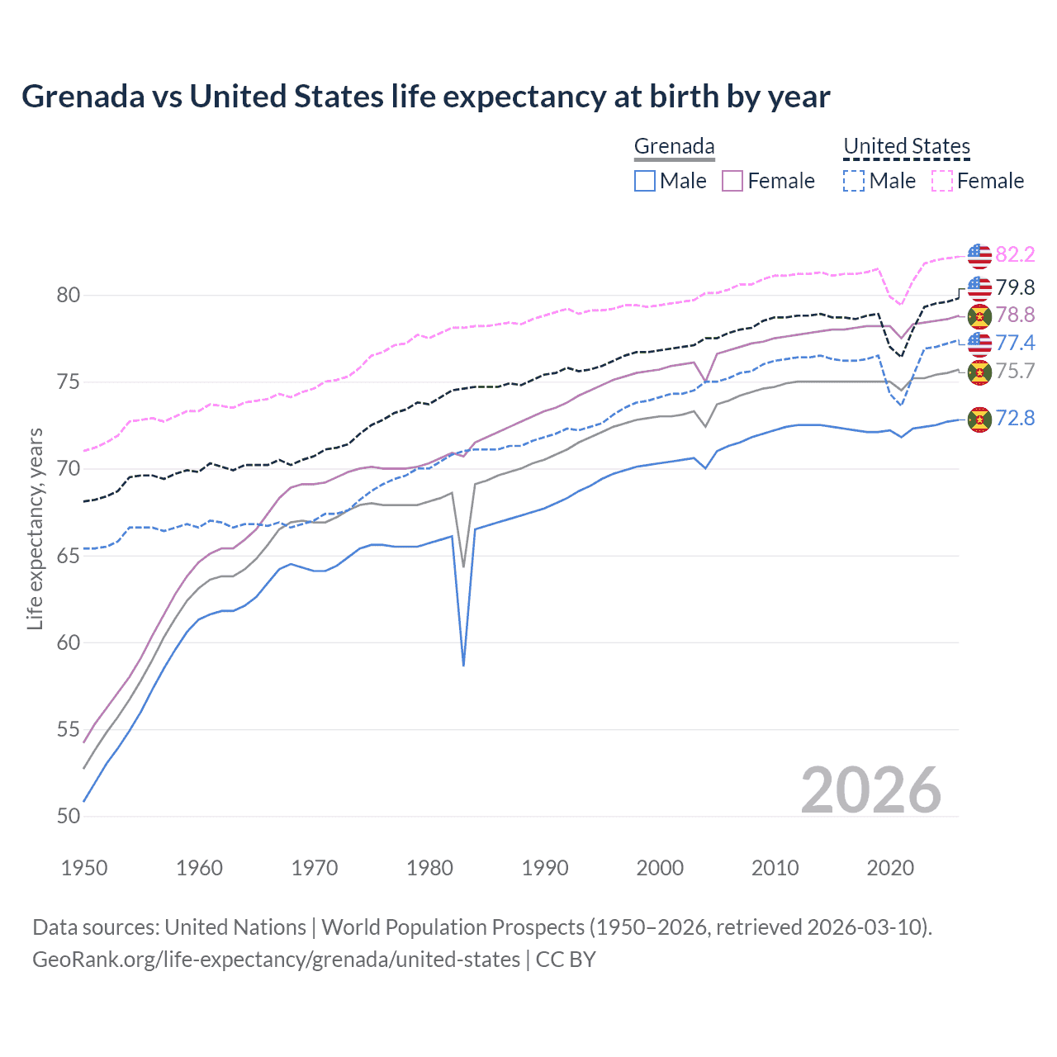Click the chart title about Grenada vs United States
coord(425,97)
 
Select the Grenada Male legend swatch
coord(645,181)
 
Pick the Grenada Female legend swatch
coord(732,181)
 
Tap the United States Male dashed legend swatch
coord(854,181)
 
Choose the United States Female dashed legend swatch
coord(942,181)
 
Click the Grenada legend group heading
coord(674,147)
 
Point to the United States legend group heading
coord(906,147)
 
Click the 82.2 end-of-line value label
coord(1015,254)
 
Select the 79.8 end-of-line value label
coord(1015,287)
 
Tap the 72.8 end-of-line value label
coord(1015,418)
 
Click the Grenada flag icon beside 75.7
coord(979,372)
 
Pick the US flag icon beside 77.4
coord(979,343)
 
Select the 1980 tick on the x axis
coord(429,868)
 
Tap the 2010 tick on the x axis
coord(775,868)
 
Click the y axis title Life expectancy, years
coord(35,528)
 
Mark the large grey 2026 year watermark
coord(870,790)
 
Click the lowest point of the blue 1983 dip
coord(463,665)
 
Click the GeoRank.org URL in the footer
coord(276,960)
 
